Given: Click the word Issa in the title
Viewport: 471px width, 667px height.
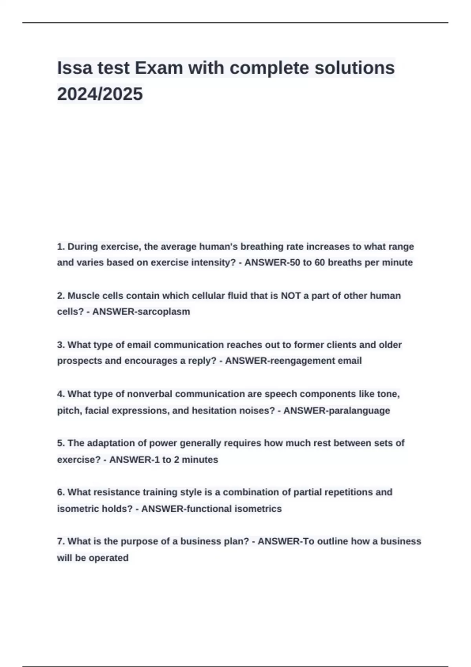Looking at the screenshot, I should [x=75, y=68].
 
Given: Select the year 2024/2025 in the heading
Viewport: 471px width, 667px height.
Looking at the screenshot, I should [x=100, y=94].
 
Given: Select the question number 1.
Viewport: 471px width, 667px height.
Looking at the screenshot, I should [x=60, y=246].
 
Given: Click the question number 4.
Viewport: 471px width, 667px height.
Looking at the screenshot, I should [x=60, y=394].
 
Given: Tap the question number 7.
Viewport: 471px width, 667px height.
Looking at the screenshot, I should [x=60, y=541].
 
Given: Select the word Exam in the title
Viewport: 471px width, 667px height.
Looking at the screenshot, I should [x=159, y=68].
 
